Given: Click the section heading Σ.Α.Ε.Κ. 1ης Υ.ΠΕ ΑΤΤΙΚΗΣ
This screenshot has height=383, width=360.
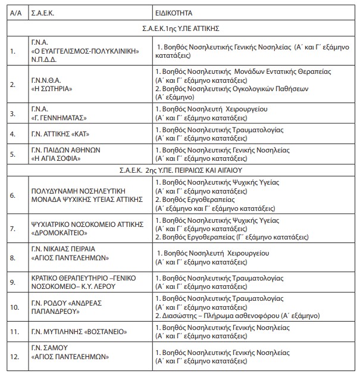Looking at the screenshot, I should [183, 27].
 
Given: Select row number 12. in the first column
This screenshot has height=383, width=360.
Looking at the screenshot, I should [15, 357].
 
